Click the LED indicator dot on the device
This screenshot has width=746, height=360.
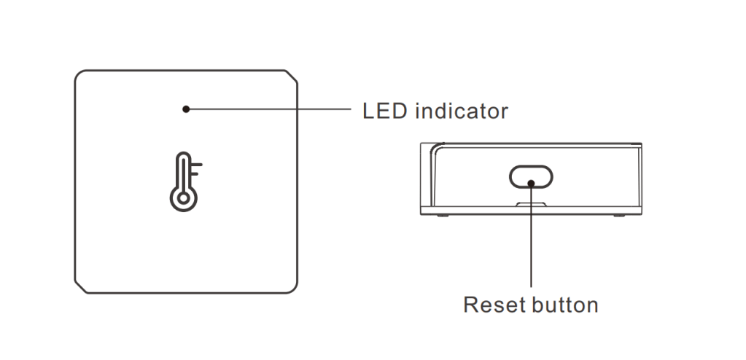click(x=186, y=109)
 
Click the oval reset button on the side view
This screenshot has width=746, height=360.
click(x=531, y=176)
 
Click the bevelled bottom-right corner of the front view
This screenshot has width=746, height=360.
click(x=292, y=286)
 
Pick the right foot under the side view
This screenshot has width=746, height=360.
click(x=618, y=215)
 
